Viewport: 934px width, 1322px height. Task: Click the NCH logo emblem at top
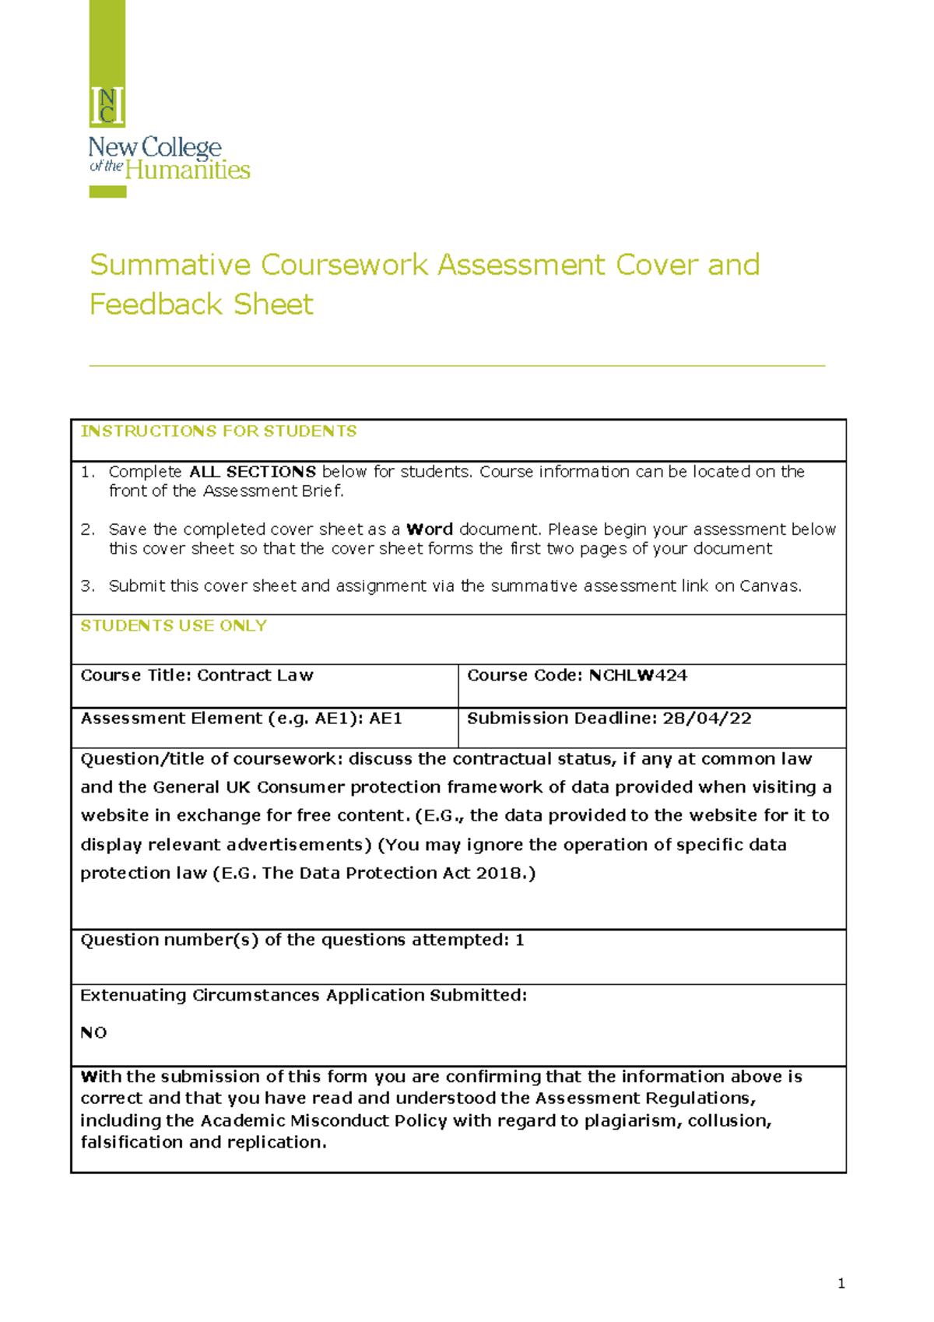pos(107,106)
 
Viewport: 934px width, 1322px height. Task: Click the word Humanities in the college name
pos(188,171)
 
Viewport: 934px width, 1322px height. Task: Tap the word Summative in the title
pos(170,265)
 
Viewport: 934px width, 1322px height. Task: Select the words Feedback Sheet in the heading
pos(201,304)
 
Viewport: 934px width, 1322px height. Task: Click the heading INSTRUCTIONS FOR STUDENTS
pos(219,431)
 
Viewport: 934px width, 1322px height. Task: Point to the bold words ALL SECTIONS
pos(252,472)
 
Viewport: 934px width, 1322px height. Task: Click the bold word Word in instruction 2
pos(430,529)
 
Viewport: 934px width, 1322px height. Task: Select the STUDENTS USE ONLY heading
pos(174,626)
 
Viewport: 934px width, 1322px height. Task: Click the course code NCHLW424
pos(637,676)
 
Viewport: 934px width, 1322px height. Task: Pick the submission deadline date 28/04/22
pos(707,719)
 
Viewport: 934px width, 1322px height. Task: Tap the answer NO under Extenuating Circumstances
pos(93,1033)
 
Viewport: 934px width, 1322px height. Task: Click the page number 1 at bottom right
pos(841,1284)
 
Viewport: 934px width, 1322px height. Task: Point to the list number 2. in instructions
pos(87,529)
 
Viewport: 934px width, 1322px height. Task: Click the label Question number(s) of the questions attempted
pos(295,941)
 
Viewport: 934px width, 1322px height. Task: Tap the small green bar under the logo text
pos(107,192)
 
